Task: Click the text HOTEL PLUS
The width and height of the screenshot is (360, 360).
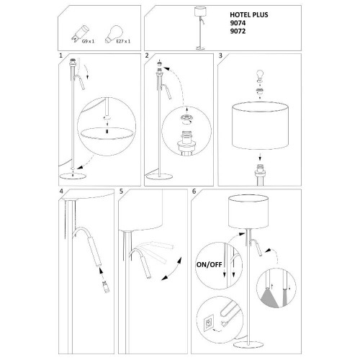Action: coord(249,15)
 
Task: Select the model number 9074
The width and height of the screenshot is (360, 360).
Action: coord(238,23)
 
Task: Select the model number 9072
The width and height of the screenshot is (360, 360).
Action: coord(238,31)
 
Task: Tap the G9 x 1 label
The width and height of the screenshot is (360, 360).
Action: coord(88,41)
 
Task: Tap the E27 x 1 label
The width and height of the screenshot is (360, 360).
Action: coord(123,41)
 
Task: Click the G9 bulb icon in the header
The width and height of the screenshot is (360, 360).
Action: coord(80,33)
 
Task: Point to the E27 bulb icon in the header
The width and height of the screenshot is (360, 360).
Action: coord(114,34)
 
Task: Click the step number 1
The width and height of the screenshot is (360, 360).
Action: coord(60,55)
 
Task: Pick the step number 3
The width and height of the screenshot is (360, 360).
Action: coord(220,55)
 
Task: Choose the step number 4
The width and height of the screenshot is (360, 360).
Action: coord(61,192)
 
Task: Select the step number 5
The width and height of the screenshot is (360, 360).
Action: coord(121,192)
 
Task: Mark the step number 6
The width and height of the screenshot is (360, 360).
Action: coord(194,192)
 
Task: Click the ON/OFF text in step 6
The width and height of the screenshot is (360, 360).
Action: coord(209,265)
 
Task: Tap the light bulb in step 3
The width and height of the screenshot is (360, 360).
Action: coord(260,76)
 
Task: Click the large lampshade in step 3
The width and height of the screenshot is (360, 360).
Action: coord(260,125)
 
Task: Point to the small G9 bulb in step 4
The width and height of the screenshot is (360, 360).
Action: coord(106,287)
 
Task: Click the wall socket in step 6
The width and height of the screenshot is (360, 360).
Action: coord(208,324)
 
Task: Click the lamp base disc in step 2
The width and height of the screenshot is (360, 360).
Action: coord(159,177)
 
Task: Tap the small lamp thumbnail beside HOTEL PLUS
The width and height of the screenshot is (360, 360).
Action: coord(200,28)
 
